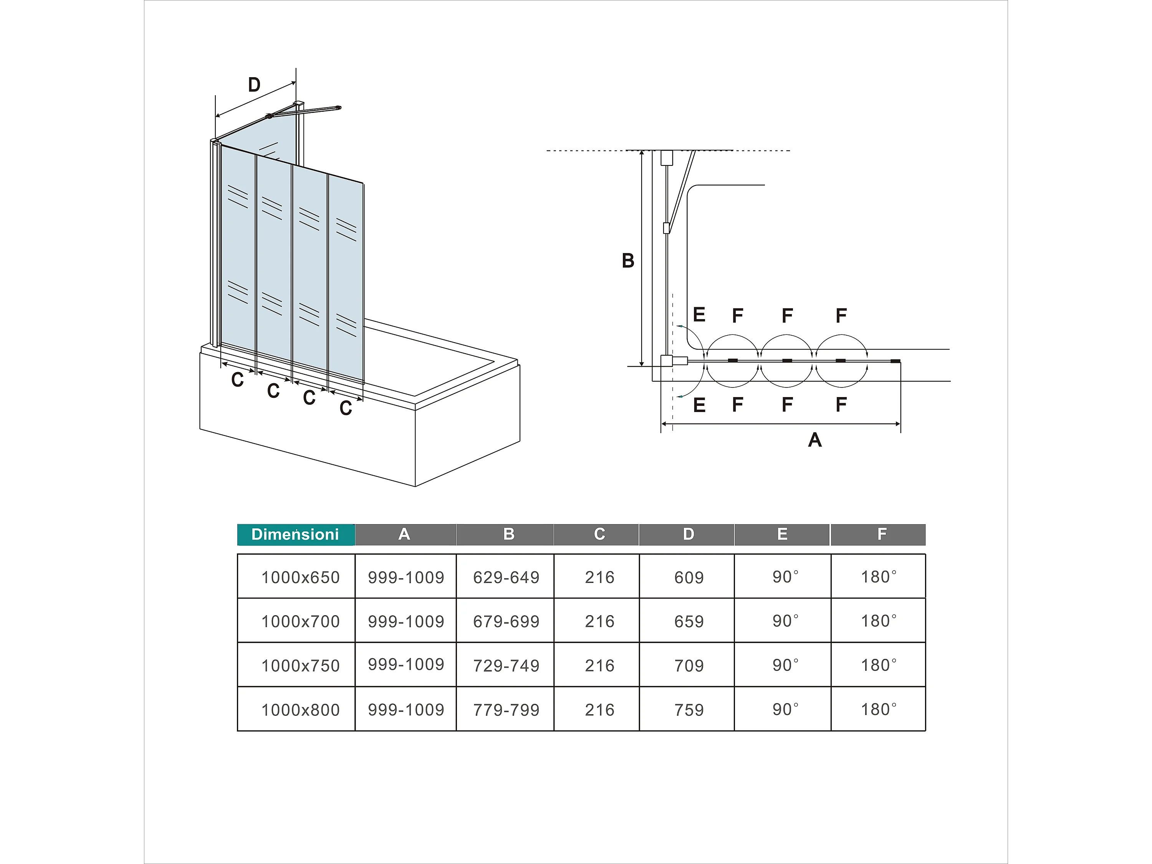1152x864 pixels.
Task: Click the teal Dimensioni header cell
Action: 295,535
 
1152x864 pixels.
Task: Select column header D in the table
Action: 688,535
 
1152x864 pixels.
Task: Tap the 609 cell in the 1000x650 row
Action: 689,577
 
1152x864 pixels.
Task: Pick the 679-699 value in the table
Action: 506,621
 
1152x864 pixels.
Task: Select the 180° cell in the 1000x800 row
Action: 879,709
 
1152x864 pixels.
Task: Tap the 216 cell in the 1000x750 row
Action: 599,665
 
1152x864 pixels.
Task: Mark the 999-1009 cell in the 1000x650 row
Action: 406,577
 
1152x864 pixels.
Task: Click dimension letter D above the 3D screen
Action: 254,84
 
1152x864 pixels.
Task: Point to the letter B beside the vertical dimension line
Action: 628,260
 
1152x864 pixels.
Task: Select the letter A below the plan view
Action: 814,440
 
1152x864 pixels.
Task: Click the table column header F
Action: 882,535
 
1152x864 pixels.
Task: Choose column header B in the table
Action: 509,535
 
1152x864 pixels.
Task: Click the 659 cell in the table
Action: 689,621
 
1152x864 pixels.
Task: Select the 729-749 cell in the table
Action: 506,665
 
